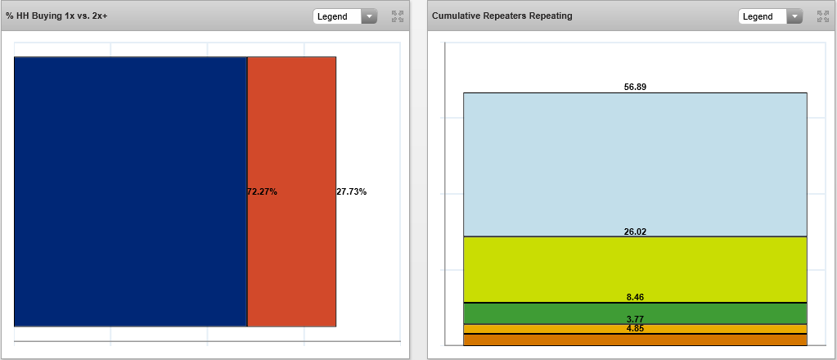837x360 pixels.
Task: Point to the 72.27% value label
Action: (x=263, y=192)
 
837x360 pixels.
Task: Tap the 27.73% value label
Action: (x=352, y=192)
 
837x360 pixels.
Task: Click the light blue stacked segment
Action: (x=635, y=164)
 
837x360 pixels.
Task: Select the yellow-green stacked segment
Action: (x=635, y=270)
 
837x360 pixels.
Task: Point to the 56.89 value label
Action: (x=635, y=87)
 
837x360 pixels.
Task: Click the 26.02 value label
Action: (x=635, y=232)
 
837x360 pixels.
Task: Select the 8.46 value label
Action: (x=635, y=298)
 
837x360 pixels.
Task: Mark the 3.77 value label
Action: (x=635, y=319)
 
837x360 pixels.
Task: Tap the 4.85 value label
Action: (x=635, y=329)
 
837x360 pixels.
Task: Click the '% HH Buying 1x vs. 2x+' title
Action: (x=56, y=16)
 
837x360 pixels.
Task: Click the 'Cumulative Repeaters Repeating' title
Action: (x=502, y=16)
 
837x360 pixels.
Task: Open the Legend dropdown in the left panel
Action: (x=345, y=16)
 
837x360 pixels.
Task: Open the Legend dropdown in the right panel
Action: (x=771, y=16)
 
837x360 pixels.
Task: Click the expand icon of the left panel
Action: (x=398, y=16)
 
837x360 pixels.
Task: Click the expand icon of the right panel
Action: (x=823, y=16)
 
